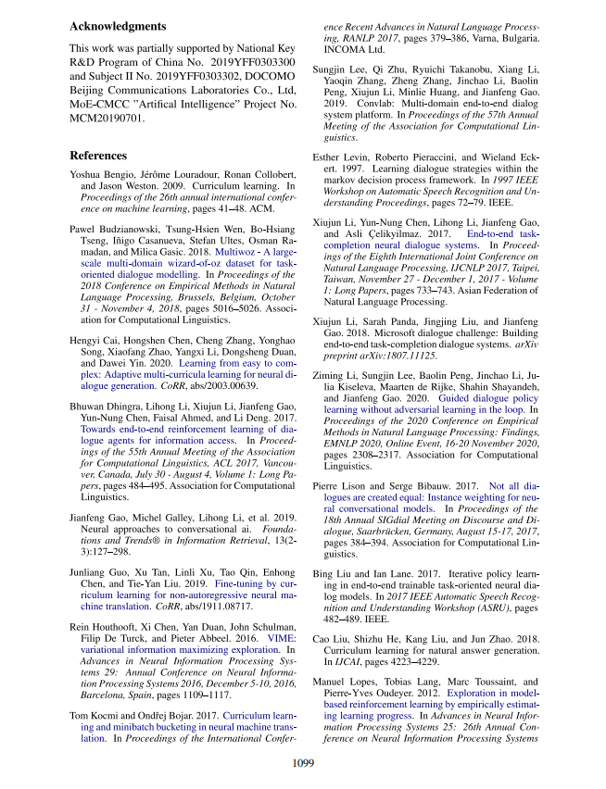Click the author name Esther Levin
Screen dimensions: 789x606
pos(342,158)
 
